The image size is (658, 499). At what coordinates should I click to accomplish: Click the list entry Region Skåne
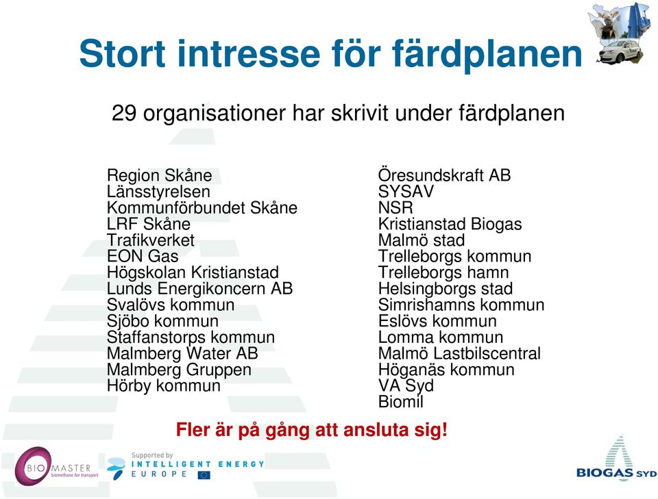pos(160,175)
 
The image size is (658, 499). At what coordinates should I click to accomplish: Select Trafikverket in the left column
pos(151,240)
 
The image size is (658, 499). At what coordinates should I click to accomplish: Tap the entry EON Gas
pos(143,256)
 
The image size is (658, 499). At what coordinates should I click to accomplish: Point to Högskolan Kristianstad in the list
pos(193,272)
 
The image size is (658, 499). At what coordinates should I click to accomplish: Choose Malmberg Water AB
pos(182,353)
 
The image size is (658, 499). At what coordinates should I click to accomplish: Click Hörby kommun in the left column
pos(164,386)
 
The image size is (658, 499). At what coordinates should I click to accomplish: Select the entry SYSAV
pos(406,192)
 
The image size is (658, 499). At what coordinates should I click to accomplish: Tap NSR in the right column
pos(395,207)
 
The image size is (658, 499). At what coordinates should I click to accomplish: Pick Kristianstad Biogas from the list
pos(450,224)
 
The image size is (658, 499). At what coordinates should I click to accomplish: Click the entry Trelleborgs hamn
pos(443,272)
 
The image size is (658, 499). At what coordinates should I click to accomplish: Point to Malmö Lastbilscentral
pos(459,353)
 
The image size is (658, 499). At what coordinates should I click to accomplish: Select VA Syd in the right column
pos(406,386)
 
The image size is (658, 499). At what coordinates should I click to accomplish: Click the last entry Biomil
pos(401,402)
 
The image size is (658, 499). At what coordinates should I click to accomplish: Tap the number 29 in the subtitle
pos(124,113)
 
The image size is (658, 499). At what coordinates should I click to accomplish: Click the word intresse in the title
pos(249,53)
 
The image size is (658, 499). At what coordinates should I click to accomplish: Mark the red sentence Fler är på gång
pos(311,431)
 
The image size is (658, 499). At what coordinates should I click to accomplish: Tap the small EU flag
pos(204,475)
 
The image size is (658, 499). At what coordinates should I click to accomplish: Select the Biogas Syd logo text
pos(616,473)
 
